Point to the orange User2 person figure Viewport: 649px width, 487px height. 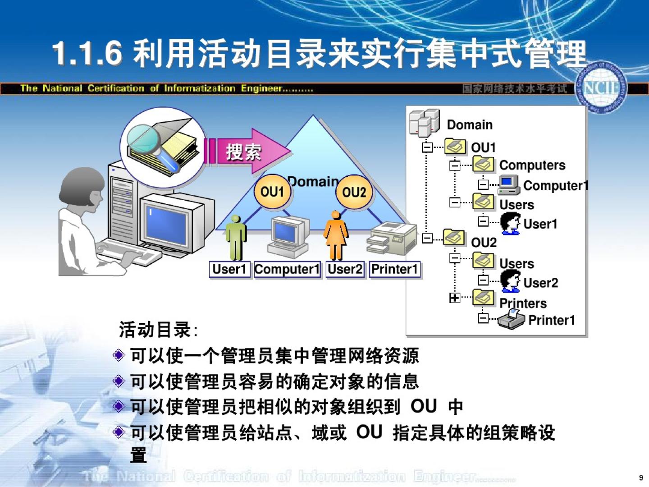pos(336,236)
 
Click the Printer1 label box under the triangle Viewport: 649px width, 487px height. pos(395,269)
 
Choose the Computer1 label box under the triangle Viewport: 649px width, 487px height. pos(287,269)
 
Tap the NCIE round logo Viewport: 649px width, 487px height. pos(601,88)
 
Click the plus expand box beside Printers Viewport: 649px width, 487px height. pos(454,298)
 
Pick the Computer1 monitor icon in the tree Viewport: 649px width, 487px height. pos(508,185)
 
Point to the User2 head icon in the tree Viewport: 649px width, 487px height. pos(510,280)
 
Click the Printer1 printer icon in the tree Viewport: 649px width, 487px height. pos(511,319)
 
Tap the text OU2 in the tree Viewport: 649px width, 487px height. pos(484,243)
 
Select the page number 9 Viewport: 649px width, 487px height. pos(641,478)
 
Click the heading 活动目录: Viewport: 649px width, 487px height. pos(158,329)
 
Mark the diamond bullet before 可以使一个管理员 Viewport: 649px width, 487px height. pos(119,355)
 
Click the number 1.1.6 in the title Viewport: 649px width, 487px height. pos(87,54)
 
